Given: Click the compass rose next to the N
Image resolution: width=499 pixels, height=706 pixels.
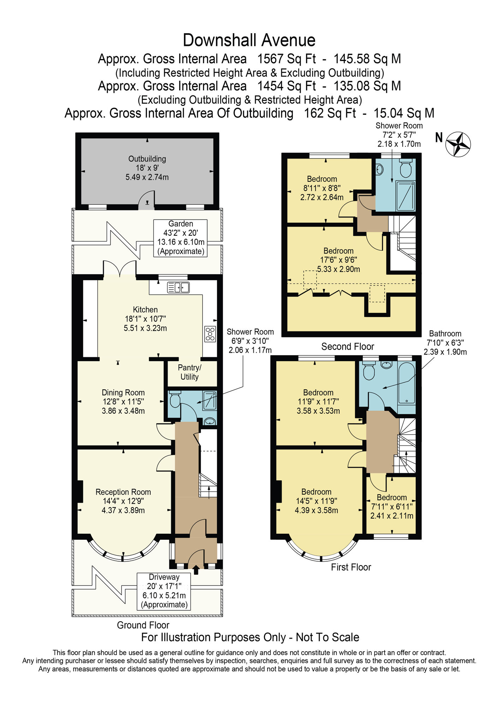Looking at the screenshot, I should point(458,144).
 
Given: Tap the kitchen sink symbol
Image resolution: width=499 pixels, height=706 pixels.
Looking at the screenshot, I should point(178,287).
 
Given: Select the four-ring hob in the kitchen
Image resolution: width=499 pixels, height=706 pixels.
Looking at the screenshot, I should point(210,334).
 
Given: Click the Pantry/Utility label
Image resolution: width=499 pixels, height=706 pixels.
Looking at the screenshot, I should point(190,372).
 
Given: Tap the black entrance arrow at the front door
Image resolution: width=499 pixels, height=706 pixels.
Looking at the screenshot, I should point(196,570).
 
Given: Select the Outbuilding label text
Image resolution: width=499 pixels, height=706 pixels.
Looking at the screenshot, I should point(147,159).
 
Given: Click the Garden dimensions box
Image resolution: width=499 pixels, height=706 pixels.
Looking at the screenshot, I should point(180,238).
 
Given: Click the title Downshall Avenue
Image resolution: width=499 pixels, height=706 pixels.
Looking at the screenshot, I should point(249,40).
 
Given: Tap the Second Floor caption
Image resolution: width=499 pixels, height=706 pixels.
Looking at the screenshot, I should point(348,347).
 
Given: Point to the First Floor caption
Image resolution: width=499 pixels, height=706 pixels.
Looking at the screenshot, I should point(351,567).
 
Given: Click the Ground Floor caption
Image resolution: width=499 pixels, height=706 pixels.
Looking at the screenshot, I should point(143,625).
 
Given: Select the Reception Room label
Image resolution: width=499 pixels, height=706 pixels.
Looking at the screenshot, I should point(123,492).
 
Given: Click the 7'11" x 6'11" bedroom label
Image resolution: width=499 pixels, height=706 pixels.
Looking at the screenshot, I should point(392,507).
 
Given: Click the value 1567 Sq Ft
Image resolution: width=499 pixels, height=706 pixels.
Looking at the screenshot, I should point(287,59).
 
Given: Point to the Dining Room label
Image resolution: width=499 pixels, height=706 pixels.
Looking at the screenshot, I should point(123,393).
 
